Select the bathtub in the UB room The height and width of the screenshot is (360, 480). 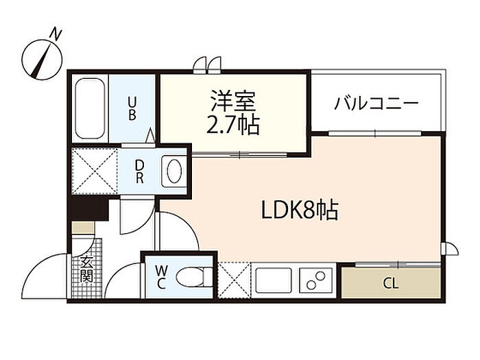[x=90, y=108]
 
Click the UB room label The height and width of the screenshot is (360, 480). [x=132, y=108]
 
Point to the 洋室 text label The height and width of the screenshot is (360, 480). [x=232, y=101]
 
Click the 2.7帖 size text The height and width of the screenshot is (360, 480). [x=233, y=125]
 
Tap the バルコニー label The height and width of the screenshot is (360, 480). [x=376, y=103]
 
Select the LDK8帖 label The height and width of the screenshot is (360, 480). [x=300, y=211]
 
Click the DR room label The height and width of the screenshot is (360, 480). [x=140, y=171]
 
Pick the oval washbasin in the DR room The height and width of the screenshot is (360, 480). [x=174, y=171]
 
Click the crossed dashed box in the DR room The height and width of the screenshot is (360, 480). [x=95, y=171]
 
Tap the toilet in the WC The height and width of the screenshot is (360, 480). [x=194, y=277]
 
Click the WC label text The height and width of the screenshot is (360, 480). [x=161, y=277]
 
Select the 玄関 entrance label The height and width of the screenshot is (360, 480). [x=86, y=269]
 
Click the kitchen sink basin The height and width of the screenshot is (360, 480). [x=274, y=280]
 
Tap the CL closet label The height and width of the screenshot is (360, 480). [x=391, y=284]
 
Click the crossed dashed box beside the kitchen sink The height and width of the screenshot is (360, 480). [x=235, y=280]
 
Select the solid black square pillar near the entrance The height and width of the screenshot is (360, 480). [x=88, y=208]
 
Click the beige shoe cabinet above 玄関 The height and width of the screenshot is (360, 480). [x=83, y=228]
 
